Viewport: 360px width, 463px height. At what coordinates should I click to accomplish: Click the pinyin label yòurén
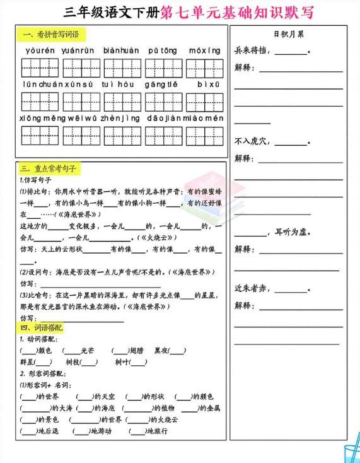[40, 50]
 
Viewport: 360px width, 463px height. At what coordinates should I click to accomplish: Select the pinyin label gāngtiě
[163, 83]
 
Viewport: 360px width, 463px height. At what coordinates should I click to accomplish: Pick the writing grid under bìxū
[204, 101]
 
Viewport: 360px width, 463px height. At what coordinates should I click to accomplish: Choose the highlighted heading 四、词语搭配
[42, 328]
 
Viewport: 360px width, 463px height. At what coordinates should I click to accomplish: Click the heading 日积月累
[289, 34]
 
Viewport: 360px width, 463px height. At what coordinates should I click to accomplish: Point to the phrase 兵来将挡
[253, 50]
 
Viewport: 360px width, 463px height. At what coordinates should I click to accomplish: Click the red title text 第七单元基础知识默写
[236, 12]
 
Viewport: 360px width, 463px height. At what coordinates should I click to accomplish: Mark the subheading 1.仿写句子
[36, 180]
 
